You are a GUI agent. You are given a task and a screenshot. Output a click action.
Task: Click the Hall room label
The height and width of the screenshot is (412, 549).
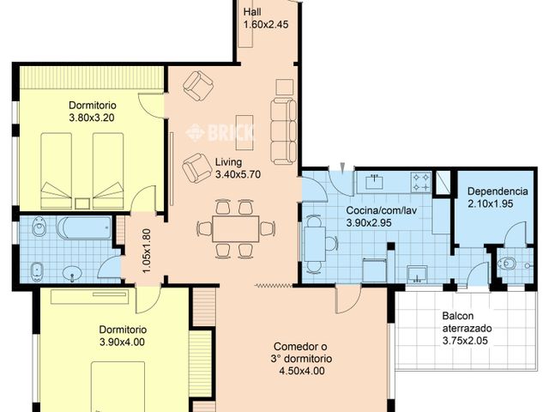(x=253, y=12)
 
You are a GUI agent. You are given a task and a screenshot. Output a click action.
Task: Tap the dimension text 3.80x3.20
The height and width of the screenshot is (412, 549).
(x=97, y=118)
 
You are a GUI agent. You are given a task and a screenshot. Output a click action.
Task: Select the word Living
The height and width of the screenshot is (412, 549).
(x=228, y=162)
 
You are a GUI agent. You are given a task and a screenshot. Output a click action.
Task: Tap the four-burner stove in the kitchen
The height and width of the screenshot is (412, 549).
(x=420, y=182)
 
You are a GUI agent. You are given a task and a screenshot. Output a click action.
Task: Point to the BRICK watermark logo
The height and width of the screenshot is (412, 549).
(x=220, y=132)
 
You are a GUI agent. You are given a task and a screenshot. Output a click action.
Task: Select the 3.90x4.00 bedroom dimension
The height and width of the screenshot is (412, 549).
(x=123, y=342)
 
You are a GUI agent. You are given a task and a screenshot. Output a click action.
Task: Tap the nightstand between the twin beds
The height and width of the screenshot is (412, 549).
(x=82, y=203)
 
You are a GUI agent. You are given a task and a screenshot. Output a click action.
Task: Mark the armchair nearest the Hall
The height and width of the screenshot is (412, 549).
(x=200, y=84)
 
